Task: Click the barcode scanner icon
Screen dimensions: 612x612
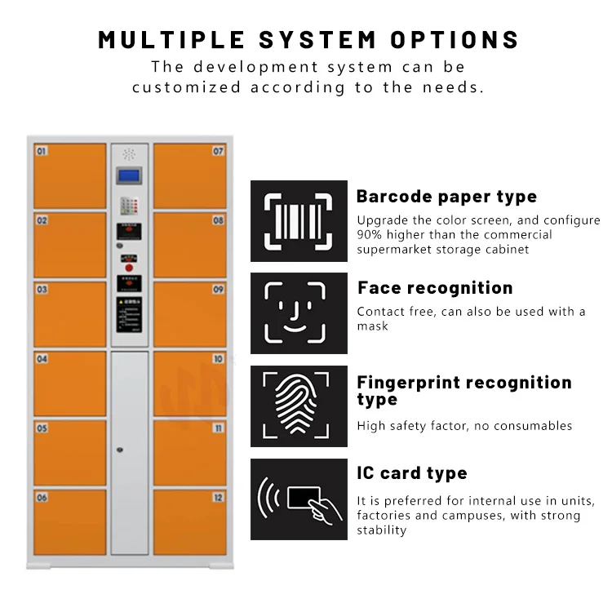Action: pyautogui.click(x=299, y=220)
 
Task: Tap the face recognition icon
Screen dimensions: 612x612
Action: pyautogui.click(x=299, y=313)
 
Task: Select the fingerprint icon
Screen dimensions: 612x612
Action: pyautogui.click(x=299, y=406)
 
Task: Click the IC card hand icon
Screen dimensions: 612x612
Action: pyautogui.click(x=299, y=499)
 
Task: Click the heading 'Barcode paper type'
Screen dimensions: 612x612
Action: pyautogui.click(x=446, y=197)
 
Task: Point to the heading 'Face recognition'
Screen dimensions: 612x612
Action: pyautogui.click(x=435, y=288)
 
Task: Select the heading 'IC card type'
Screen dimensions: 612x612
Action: pyautogui.click(x=412, y=473)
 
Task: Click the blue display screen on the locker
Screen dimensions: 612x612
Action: pyautogui.click(x=129, y=175)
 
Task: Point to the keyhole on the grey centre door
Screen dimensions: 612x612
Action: pyautogui.click(x=120, y=450)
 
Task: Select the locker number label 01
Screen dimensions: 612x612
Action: pyautogui.click(x=42, y=151)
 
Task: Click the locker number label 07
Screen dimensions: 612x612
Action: pyautogui.click(x=218, y=151)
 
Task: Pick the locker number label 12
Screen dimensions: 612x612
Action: pyautogui.click(x=218, y=498)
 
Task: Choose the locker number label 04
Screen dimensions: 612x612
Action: pyautogui.click(x=42, y=359)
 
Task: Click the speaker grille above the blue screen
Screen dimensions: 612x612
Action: pyautogui.click(x=129, y=153)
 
